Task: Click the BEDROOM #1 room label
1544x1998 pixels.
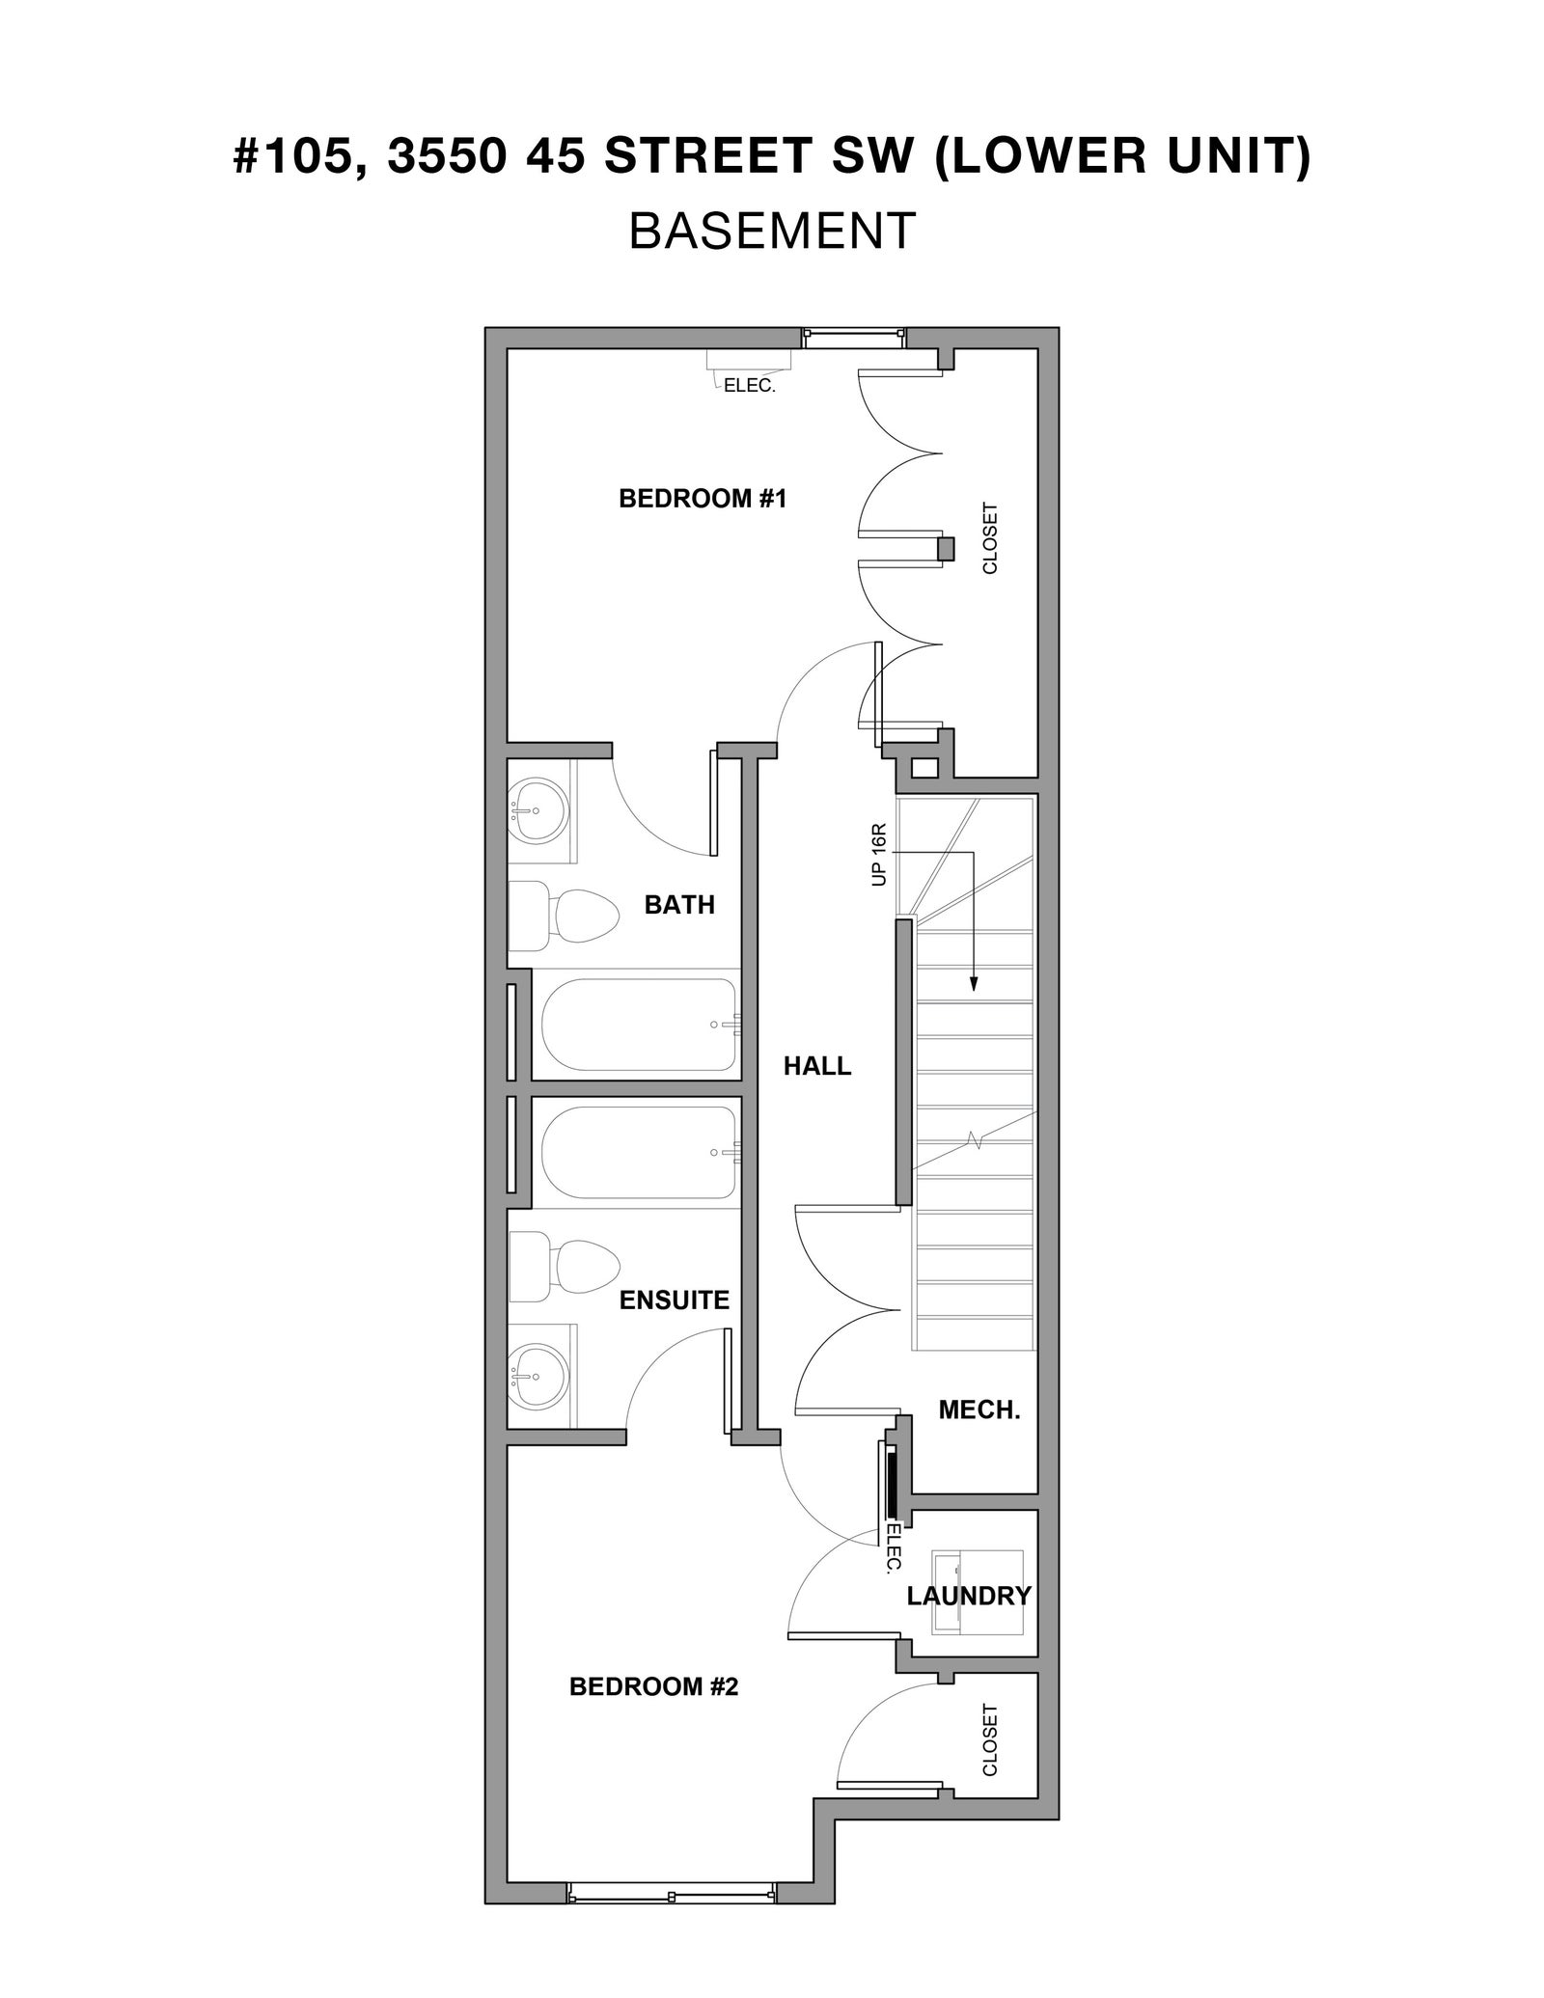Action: (x=703, y=499)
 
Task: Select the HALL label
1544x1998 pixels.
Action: (x=817, y=1066)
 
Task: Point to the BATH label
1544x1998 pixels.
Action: (x=679, y=905)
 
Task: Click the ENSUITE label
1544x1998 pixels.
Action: (x=674, y=1300)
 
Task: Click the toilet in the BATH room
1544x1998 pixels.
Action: (x=564, y=917)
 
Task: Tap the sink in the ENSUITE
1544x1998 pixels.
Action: (x=539, y=1377)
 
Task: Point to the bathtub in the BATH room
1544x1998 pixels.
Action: (x=639, y=1025)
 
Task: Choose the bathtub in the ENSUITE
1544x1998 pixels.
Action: (x=639, y=1152)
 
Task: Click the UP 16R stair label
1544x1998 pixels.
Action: (x=879, y=855)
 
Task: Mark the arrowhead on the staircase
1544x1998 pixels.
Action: (x=974, y=983)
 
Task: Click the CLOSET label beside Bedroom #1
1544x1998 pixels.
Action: (x=990, y=538)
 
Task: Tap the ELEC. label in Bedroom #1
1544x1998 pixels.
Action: (x=750, y=387)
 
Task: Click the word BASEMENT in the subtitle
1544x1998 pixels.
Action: (x=772, y=232)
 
